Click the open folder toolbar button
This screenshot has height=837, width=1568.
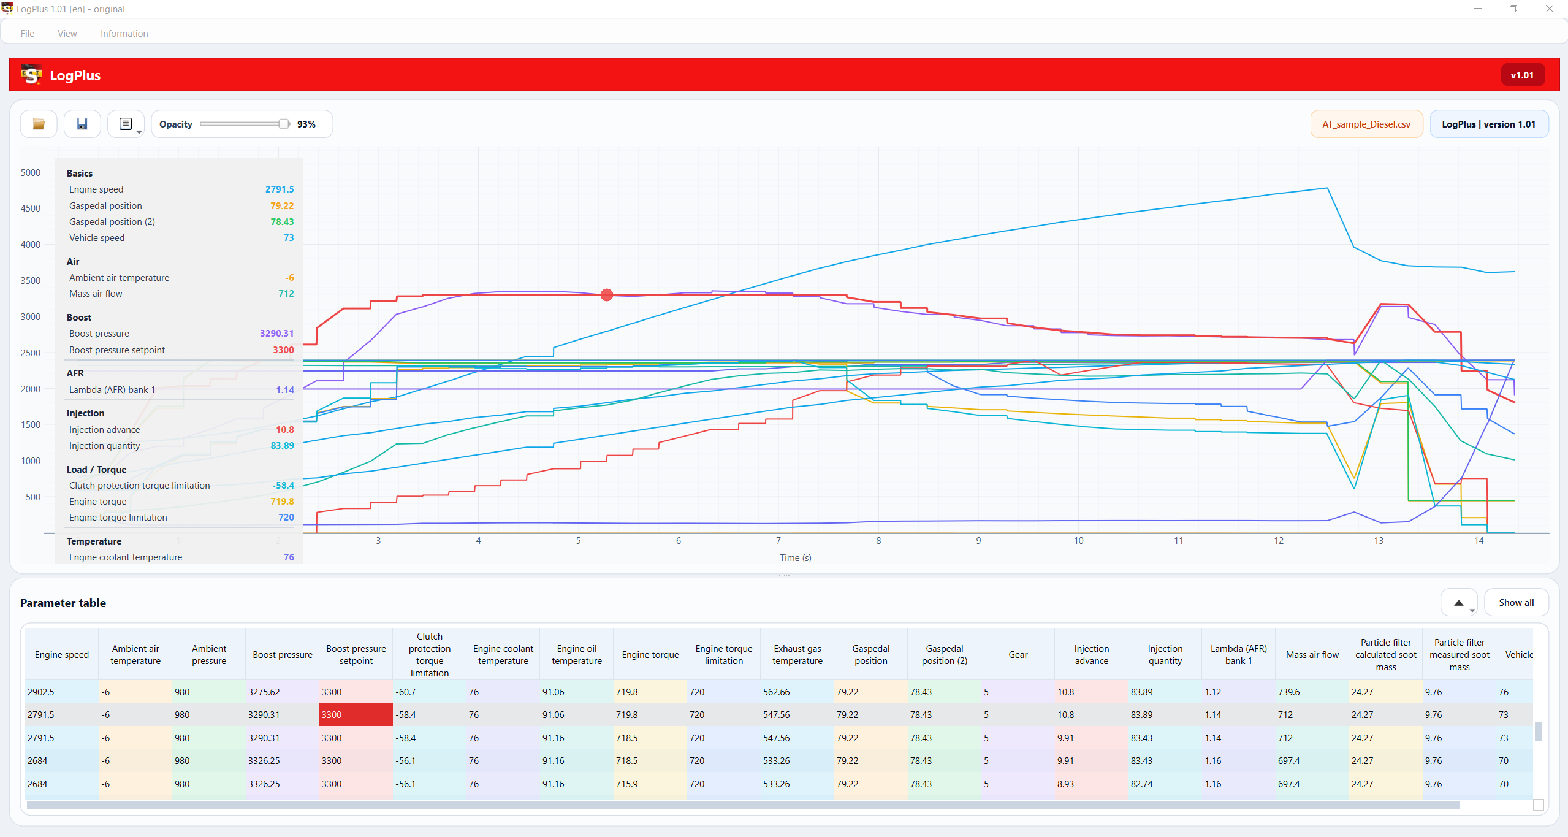click(39, 124)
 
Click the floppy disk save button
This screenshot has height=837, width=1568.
click(82, 124)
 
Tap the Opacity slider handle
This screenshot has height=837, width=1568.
click(284, 124)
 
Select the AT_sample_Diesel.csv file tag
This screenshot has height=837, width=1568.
click(1366, 124)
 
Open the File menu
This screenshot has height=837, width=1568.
click(28, 34)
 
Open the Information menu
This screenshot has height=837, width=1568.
click(124, 34)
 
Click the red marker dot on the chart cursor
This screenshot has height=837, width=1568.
click(607, 295)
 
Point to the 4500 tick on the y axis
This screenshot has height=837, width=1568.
click(31, 208)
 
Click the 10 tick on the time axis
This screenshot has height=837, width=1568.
click(1078, 541)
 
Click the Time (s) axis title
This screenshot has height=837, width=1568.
click(796, 558)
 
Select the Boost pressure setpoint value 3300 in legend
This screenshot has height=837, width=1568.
click(283, 350)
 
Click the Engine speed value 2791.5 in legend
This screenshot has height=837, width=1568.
click(280, 189)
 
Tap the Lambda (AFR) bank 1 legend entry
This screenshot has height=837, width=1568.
click(112, 390)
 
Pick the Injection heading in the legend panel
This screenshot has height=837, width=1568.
click(86, 413)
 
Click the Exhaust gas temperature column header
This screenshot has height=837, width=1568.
click(797, 655)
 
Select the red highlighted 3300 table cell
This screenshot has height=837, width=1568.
click(356, 715)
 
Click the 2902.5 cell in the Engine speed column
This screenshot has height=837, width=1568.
click(41, 692)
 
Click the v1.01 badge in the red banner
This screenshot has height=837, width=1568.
click(1522, 75)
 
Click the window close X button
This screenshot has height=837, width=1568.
click(1549, 9)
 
